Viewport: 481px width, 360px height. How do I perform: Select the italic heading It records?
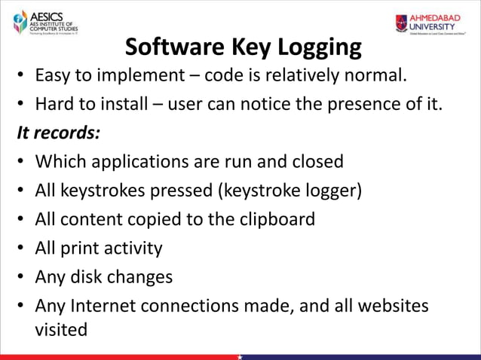click(x=59, y=133)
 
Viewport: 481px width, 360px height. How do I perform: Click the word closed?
click(x=314, y=162)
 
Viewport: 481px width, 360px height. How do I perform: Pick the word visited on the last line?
click(x=61, y=329)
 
